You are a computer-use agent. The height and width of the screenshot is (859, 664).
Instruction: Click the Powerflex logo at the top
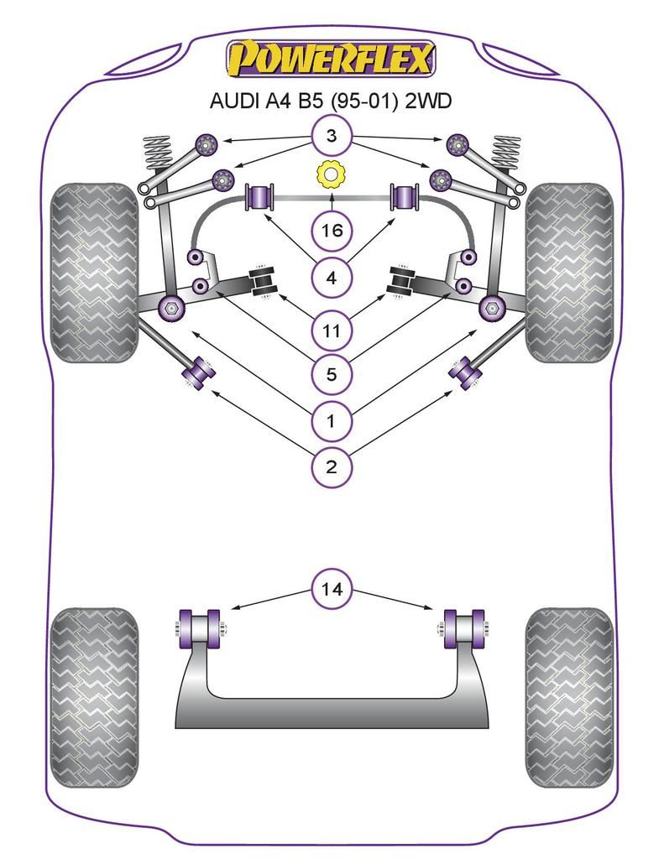(x=331, y=60)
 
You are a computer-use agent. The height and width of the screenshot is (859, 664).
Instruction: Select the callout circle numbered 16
(x=332, y=229)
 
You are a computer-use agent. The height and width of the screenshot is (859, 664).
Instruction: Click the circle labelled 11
(x=332, y=331)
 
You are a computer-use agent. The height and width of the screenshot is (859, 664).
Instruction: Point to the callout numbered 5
(x=332, y=374)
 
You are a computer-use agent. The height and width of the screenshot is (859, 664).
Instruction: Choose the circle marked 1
(x=332, y=420)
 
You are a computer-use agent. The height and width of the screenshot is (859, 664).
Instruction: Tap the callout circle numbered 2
(x=332, y=466)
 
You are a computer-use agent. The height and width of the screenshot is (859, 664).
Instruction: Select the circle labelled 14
(x=332, y=590)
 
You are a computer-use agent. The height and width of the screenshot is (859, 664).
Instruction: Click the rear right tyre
(x=568, y=692)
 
